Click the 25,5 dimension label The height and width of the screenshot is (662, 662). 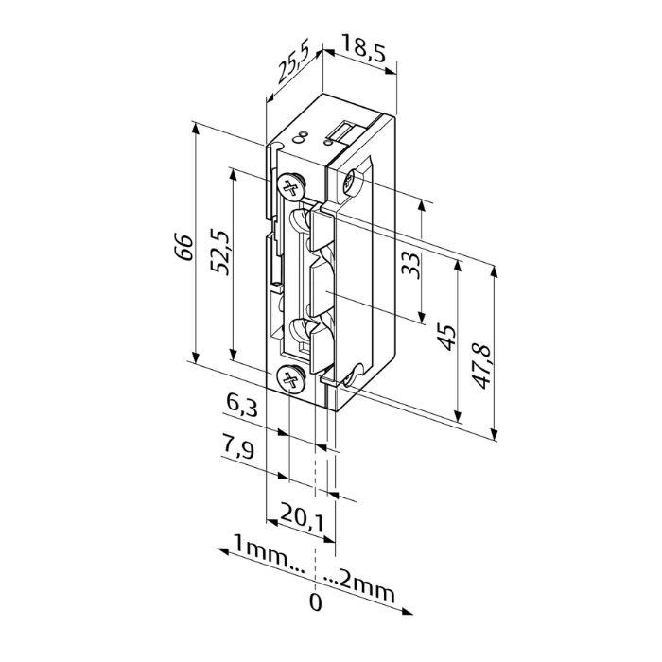294,61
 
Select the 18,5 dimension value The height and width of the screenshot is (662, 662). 363,48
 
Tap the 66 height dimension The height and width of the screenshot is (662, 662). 183,247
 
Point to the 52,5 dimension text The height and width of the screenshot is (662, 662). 220,253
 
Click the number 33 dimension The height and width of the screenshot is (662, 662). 410,265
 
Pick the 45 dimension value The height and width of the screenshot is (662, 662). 446,337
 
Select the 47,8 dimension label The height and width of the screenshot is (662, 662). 482,367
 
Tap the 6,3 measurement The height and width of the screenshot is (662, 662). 241,406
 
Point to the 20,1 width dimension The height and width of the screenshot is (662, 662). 302,518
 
